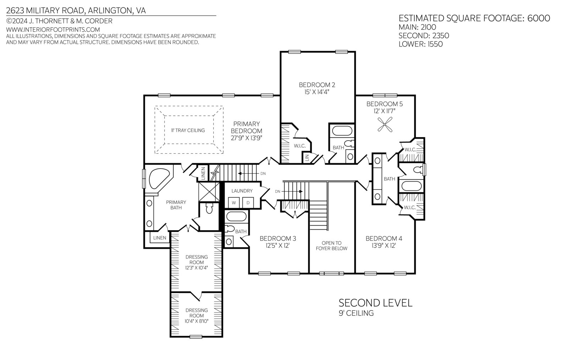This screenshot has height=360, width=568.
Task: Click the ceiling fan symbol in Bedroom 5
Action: [x=385, y=124]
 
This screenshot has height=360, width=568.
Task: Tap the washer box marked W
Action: [x=234, y=203]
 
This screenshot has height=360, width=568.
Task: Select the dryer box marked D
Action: [x=248, y=203]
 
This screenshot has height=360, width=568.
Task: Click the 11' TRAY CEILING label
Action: [x=188, y=130]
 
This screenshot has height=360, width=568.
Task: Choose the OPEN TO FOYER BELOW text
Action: [x=332, y=246]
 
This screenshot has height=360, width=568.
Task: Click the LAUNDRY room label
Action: [x=242, y=191]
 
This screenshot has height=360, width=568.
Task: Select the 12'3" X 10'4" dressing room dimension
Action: [x=197, y=268]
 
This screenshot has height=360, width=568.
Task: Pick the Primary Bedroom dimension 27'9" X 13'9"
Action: [x=246, y=138]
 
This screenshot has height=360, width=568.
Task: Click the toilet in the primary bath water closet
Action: [x=209, y=208]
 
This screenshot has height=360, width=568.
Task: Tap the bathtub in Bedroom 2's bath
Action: [x=342, y=131]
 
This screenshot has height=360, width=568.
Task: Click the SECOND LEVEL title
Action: [x=376, y=303]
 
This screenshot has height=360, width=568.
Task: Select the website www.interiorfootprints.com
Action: [x=53, y=29]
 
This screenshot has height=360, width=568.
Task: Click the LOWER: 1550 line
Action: [x=421, y=44]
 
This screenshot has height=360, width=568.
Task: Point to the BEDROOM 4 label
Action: [x=384, y=238]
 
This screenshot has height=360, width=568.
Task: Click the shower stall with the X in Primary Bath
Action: [x=209, y=192]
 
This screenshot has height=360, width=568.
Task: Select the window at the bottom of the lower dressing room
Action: [x=196, y=337]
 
